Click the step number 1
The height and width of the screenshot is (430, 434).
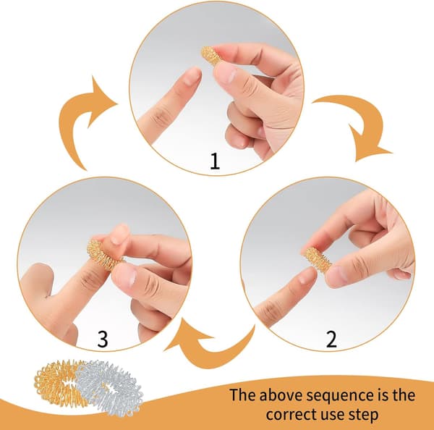(215, 161)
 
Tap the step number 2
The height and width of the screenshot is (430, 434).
(331, 339)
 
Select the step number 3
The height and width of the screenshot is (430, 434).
(103, 339)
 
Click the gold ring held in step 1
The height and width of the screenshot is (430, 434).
(210, 56)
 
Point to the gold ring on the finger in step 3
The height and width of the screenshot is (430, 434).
(102, 254)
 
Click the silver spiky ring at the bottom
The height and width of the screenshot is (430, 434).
(109, 389)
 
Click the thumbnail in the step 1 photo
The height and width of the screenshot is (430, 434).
(226, 73)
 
